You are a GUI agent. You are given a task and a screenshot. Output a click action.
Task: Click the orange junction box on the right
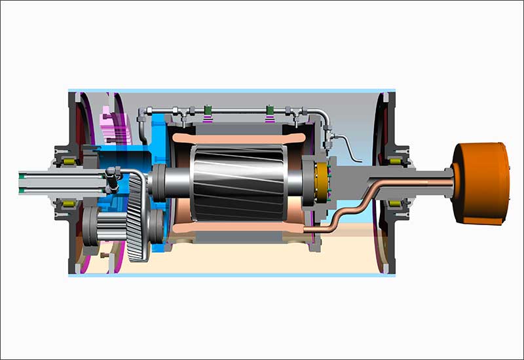point(481,183)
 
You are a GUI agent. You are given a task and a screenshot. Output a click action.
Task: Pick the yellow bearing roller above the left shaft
point(67,160)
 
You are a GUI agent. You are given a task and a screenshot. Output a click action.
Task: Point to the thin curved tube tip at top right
point(360,158)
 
